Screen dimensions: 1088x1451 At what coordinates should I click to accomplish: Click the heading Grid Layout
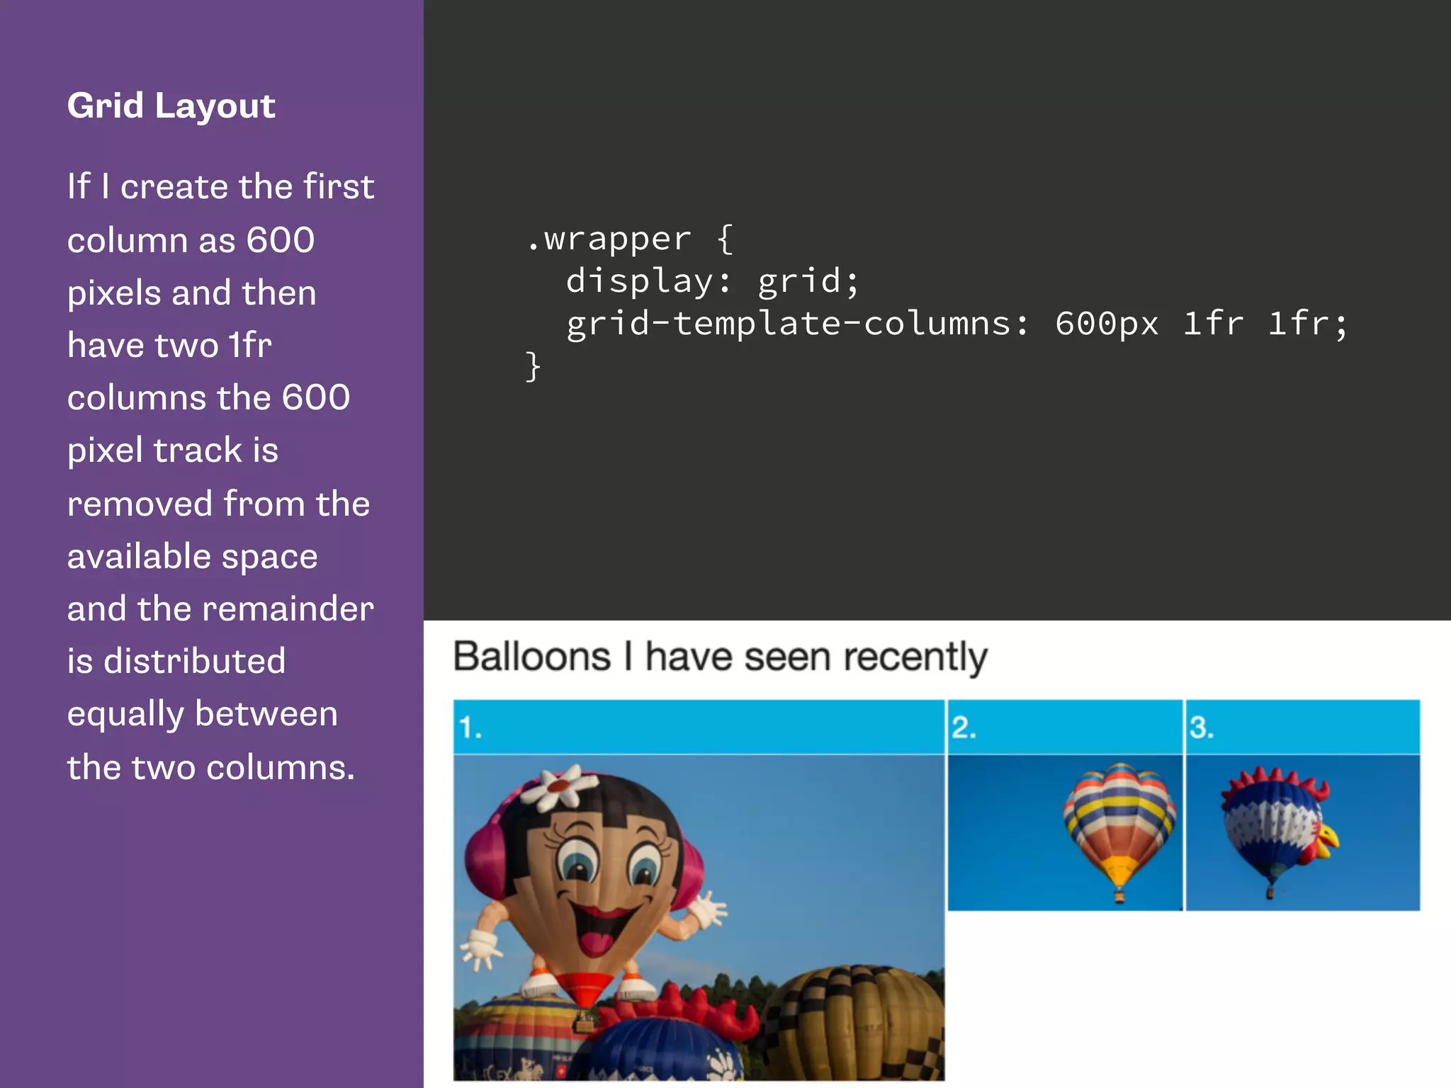[x=171, y=106]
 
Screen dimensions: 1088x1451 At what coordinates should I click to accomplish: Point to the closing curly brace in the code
[x=533, y=367]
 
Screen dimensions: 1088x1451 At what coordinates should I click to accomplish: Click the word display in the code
[x=640, y=282]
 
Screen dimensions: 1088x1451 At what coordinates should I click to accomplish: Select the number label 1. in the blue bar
[x=470, y=728]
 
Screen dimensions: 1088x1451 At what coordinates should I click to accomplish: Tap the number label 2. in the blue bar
[x=964, y=728]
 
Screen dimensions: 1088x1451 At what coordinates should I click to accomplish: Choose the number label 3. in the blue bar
[x=1201, y=728]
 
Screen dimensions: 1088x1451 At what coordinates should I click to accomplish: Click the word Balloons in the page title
[x=532, y=657]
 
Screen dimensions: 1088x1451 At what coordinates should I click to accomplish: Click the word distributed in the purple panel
[x=194, y=662]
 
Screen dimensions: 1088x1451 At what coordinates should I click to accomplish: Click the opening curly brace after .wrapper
[x=725, y=239]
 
